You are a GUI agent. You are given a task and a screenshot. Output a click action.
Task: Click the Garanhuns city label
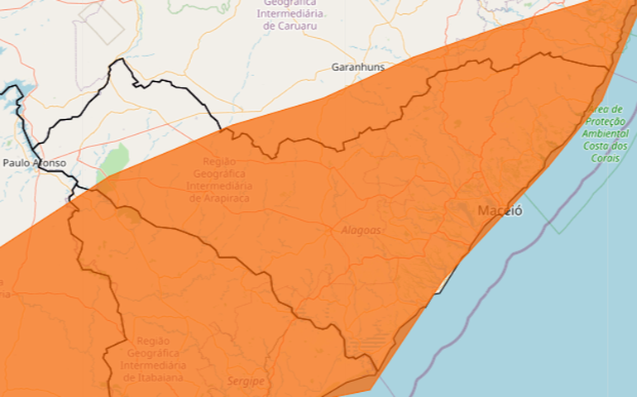pos(357,67)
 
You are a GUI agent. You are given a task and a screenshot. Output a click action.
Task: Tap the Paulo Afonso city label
pos(34,163)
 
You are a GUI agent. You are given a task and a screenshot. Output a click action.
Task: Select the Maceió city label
pos(500,211)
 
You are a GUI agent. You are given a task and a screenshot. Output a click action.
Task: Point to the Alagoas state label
pos(361,231)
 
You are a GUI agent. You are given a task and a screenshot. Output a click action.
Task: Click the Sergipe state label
pos(246,381)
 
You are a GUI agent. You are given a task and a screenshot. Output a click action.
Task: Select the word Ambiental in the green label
pos(605,133)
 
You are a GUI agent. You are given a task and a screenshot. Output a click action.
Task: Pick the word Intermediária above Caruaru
pos(292,14)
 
